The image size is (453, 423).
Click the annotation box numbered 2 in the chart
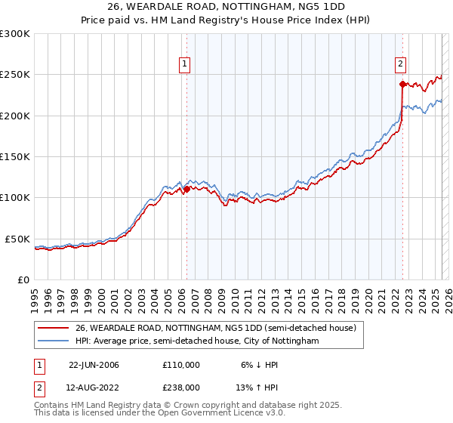(x=401, y=64)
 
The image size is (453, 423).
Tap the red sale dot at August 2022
(x=402, y=84)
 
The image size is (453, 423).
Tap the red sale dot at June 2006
(x=186, y=189)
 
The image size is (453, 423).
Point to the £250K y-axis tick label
(x=15, y=75)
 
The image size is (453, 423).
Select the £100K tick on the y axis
(x=15, y=198)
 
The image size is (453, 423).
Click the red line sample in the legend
(x=54, y=329)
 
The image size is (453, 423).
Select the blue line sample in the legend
(x=54, y=341)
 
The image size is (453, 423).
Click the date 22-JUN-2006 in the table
(x=94, y=365)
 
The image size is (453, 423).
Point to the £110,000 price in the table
(x=181, y=365)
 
